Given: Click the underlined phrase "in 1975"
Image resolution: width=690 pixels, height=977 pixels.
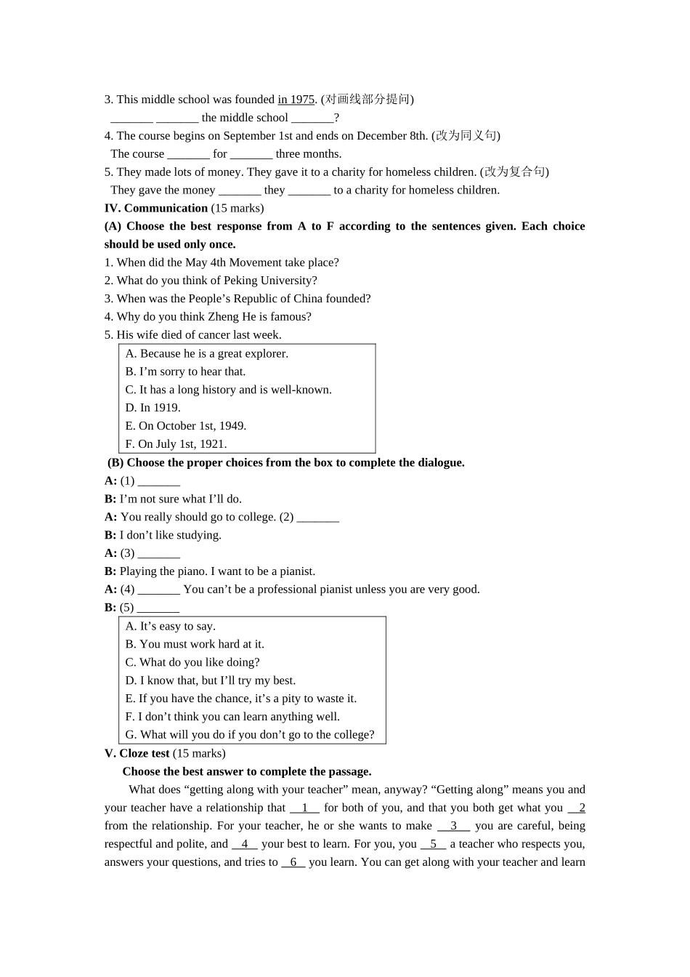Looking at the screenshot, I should (x=296, y=100).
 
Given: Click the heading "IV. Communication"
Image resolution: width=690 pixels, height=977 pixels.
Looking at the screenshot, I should (x=156, y=208).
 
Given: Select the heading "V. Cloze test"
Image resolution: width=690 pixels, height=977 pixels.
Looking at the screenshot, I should (x=137, y=753).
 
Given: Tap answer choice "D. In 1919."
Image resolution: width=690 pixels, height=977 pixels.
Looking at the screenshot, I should (x=153, y=408).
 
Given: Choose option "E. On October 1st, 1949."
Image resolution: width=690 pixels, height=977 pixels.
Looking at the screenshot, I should (x=185, y=426).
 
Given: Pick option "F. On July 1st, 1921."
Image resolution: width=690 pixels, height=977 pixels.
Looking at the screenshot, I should (x=176, y=444).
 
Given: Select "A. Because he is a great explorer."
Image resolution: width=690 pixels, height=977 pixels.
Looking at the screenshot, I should (x=206, y=353).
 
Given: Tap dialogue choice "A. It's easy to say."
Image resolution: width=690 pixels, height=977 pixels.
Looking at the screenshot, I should (x=170, y=626).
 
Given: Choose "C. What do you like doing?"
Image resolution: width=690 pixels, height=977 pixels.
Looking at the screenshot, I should (x=192, y=662).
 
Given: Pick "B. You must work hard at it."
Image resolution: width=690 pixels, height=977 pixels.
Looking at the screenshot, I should (x=195, y=644).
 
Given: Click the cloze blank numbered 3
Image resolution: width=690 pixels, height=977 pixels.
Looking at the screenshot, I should (x=454, y=826).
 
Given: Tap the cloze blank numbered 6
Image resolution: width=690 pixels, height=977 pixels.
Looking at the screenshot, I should (x=293, y=862).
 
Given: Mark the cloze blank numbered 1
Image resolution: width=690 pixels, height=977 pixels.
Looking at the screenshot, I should (x=305, y=808).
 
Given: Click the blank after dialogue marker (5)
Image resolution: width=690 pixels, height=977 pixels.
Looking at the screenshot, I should (x=158, y=608).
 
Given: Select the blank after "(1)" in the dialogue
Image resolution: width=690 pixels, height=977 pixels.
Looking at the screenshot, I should (x=159, y=481).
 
